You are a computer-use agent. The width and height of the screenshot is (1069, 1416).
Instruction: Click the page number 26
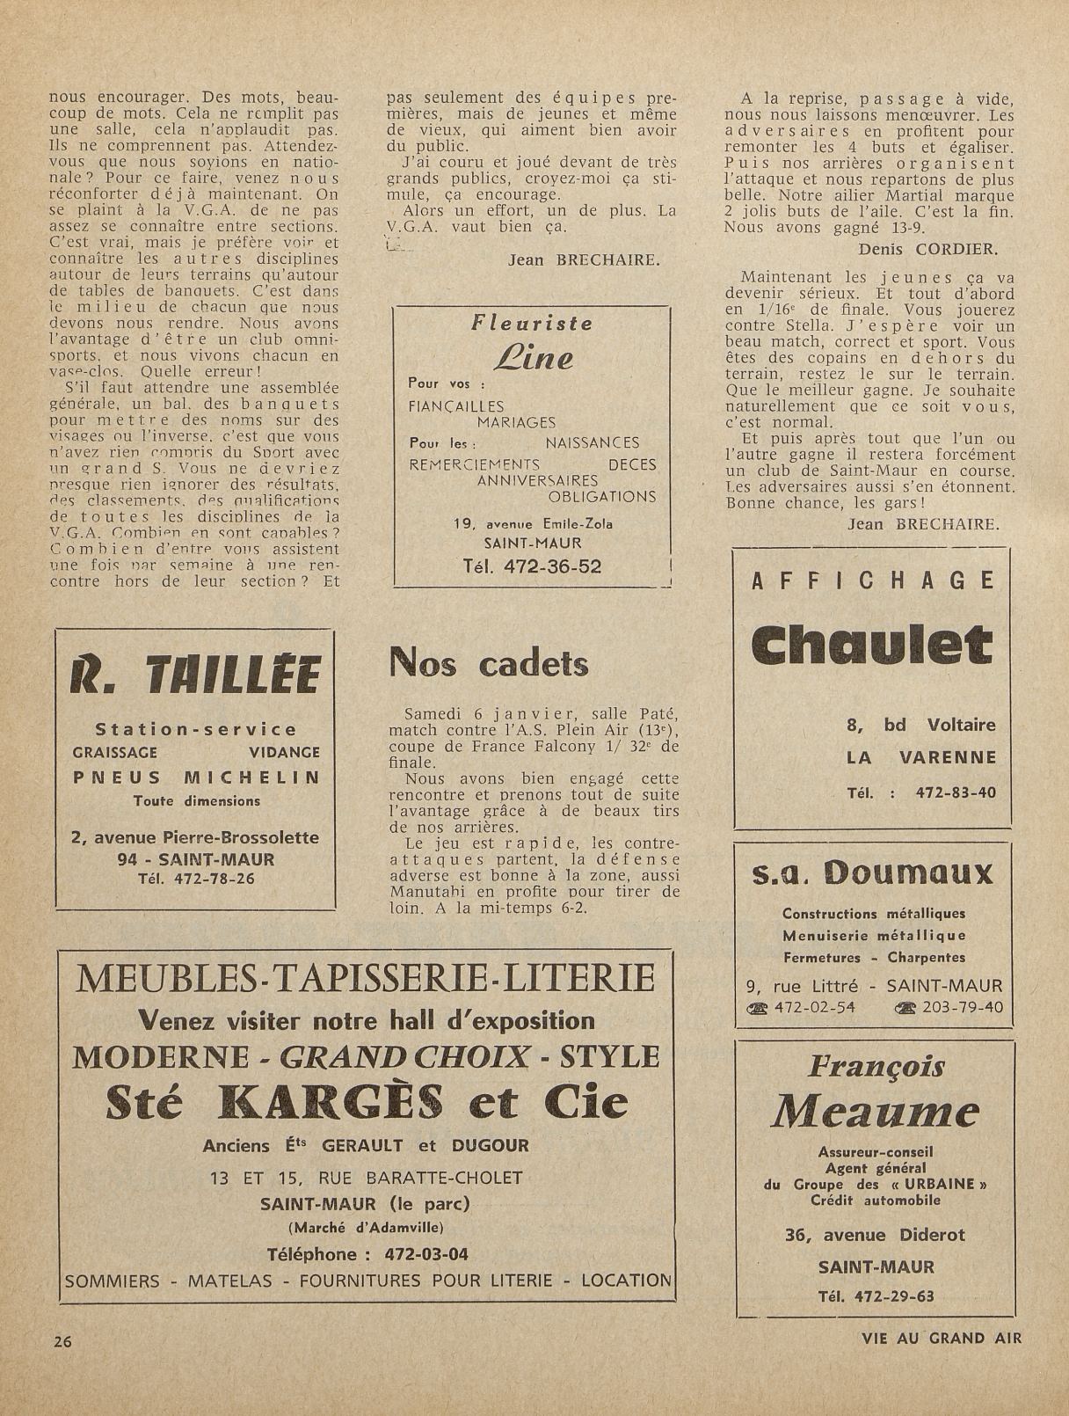[x=62, y=1341]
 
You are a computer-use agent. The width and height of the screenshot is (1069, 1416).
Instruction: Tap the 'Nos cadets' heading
[x=488, y=662]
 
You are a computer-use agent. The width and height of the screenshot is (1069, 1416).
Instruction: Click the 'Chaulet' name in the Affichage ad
[x=872, y=646]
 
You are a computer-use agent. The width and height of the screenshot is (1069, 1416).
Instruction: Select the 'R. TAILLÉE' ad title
[x=195, y=677]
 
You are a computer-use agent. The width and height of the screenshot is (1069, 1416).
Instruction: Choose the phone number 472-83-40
[x=956, y=792]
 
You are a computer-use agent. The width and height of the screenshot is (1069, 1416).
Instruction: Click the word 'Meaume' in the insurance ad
[x=875, y=1113]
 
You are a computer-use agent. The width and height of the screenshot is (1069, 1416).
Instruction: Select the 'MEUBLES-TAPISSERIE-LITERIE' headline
[x=367, y=977]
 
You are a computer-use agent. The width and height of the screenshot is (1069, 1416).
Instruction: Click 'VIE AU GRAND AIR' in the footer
[x=942, y=1339]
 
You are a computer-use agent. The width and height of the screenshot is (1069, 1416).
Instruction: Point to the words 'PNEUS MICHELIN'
[x=195, y=777]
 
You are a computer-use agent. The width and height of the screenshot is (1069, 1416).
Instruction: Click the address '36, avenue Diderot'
[x=875, y=1235]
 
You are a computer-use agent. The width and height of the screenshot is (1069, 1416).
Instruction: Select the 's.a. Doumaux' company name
[x=872, y=873]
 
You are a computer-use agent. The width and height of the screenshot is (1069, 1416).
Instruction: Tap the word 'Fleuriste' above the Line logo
[x=532, y=323]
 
